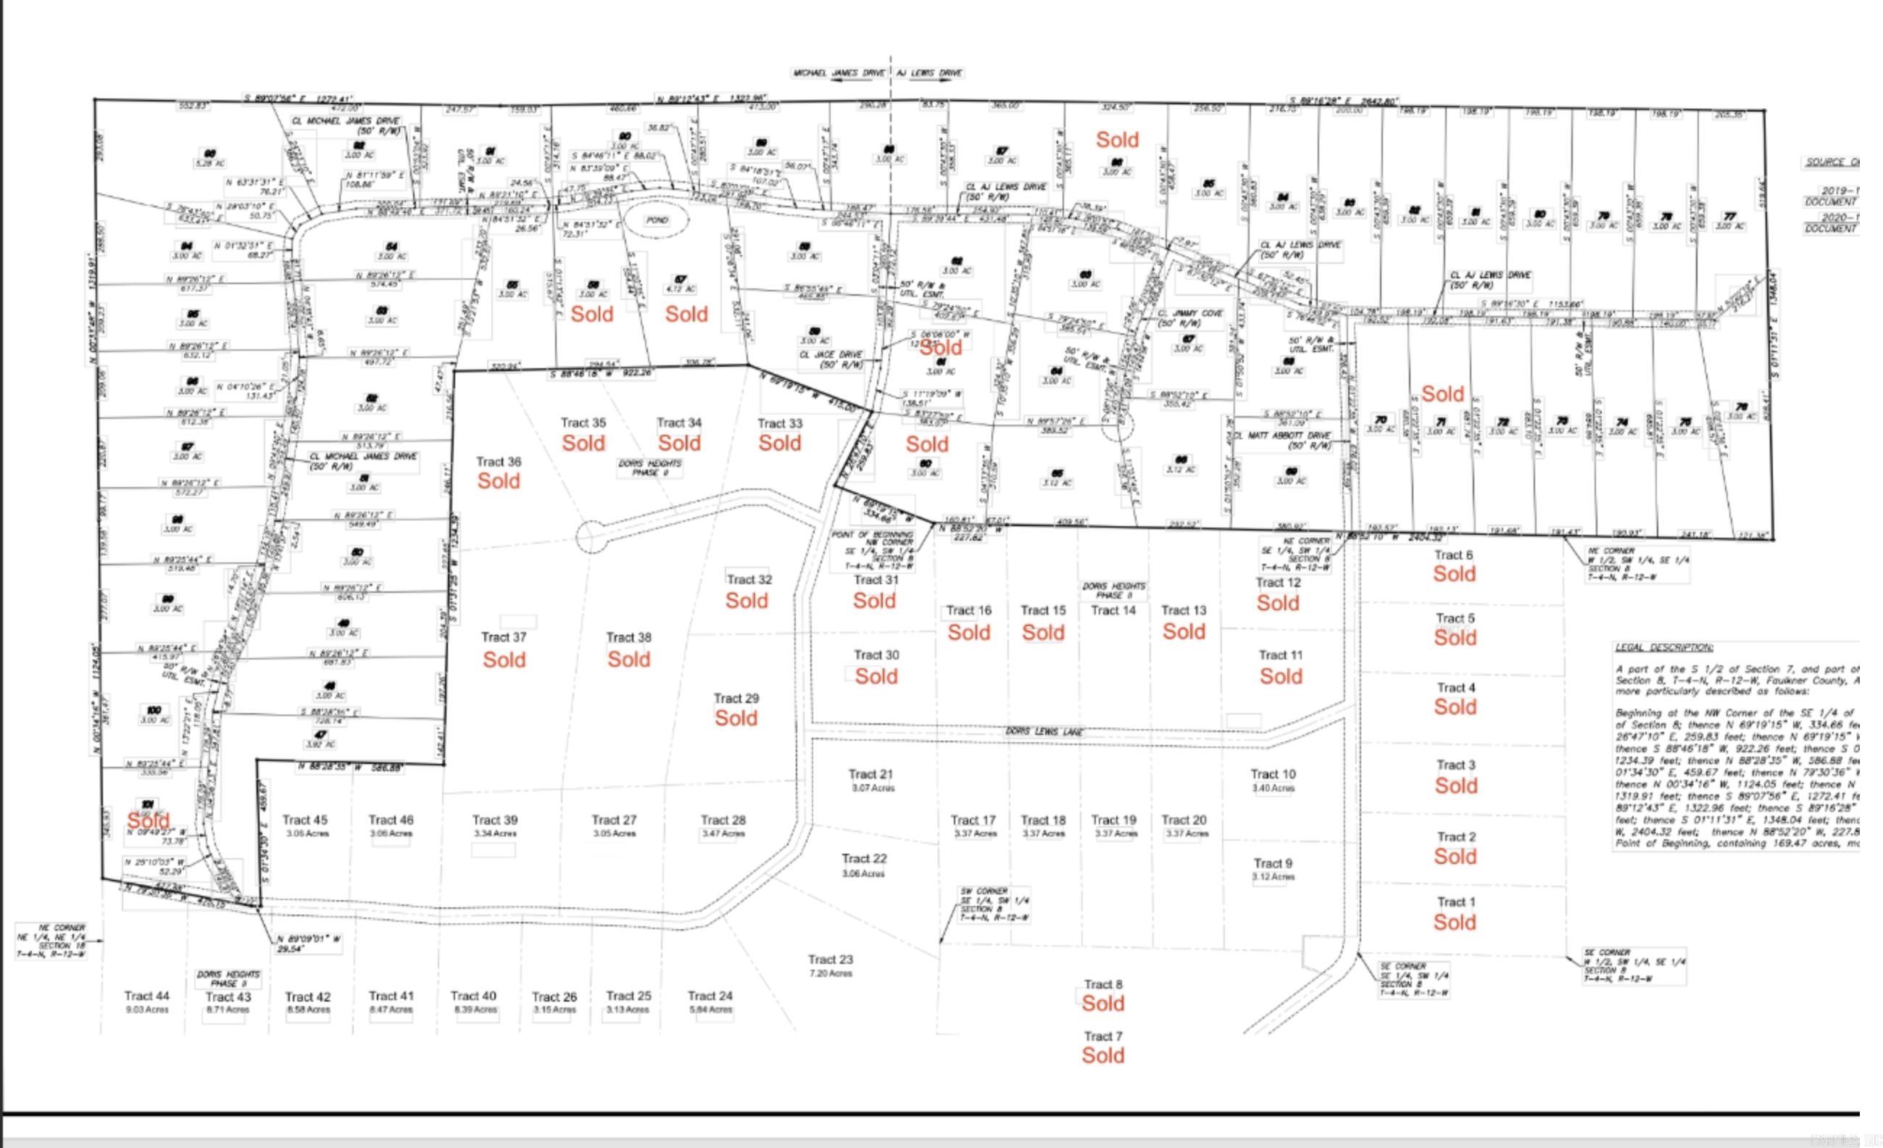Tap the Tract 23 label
830,960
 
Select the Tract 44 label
146,996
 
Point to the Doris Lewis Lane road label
1034,731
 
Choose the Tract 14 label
1113,610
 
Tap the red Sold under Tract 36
498,481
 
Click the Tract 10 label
1273,774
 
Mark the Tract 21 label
870,774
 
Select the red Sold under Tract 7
1102,1055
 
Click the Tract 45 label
305,820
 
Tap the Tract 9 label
1273,864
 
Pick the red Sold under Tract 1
1454,923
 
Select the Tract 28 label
723,820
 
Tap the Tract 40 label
473,996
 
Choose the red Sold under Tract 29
736,718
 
